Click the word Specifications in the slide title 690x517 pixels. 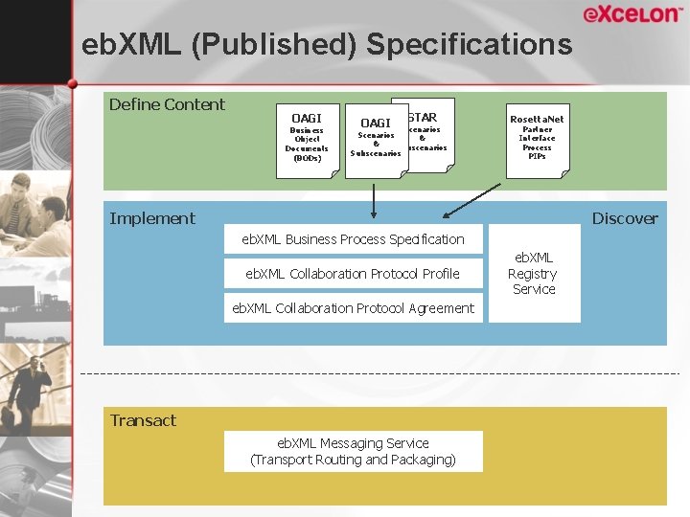tap(469, 44)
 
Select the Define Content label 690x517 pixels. tap(167, 104)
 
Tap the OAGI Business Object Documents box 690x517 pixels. tap(308, 140)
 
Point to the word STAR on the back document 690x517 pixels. tap(423, 118)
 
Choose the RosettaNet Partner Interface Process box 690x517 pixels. tap(537, 140)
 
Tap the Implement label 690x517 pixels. tap(152, 218)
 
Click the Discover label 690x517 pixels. tap(625, 218)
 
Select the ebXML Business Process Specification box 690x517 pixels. tap(353, 239)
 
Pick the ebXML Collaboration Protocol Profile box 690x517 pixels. tap(353, 274)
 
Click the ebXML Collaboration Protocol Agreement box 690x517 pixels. tap(353, 308)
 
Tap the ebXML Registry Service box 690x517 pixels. tap(534, 273)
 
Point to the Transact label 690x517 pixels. tap(143, 420)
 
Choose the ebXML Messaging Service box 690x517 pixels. tap(353, 451)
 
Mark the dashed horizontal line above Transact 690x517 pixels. tap(383, 372)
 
